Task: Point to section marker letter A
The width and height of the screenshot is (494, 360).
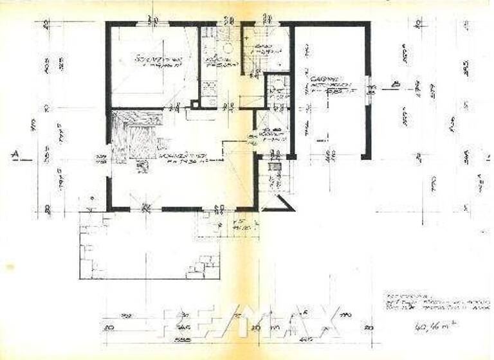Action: click(14, 154)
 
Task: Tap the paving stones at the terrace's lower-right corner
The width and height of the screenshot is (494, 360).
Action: click(203, 266)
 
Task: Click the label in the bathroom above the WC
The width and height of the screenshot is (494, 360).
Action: click(261, 49)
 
